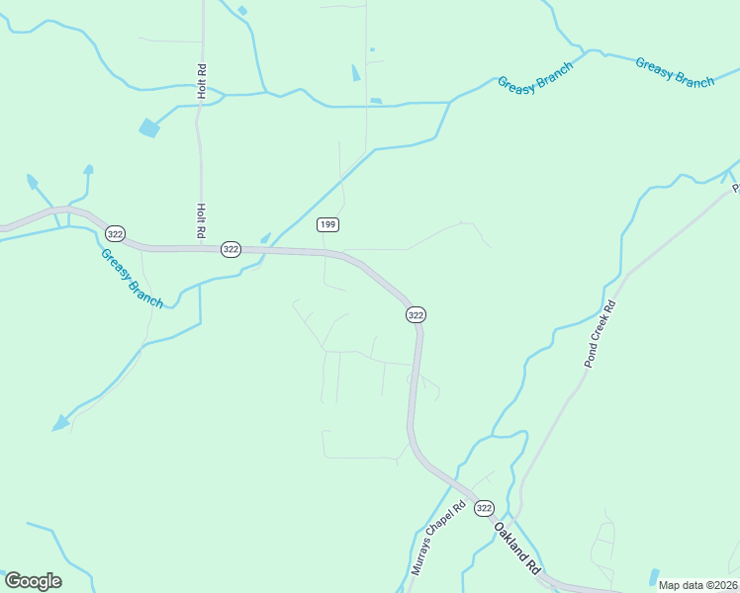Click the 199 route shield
pos(328,225)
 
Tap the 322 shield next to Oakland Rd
pos(483,508)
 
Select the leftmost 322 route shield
pos(116,233)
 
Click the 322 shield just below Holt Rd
pos(231,249)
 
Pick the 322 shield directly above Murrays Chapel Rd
pos(416,314)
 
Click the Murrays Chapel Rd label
pos(438,540)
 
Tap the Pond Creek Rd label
pos(599,334)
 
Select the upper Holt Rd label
pos(201,81)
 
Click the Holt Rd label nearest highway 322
pos(201,219)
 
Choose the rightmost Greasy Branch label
pos(675,73)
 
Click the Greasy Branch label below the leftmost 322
pos(132,278)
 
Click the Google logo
pos(33,581)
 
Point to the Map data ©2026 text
pos(697,585)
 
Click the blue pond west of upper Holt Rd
pos(149,127)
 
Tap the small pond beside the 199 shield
pos(265,237)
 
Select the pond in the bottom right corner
pos(653,576)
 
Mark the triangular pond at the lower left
pos(61,423)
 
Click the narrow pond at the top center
pos(356,72)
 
